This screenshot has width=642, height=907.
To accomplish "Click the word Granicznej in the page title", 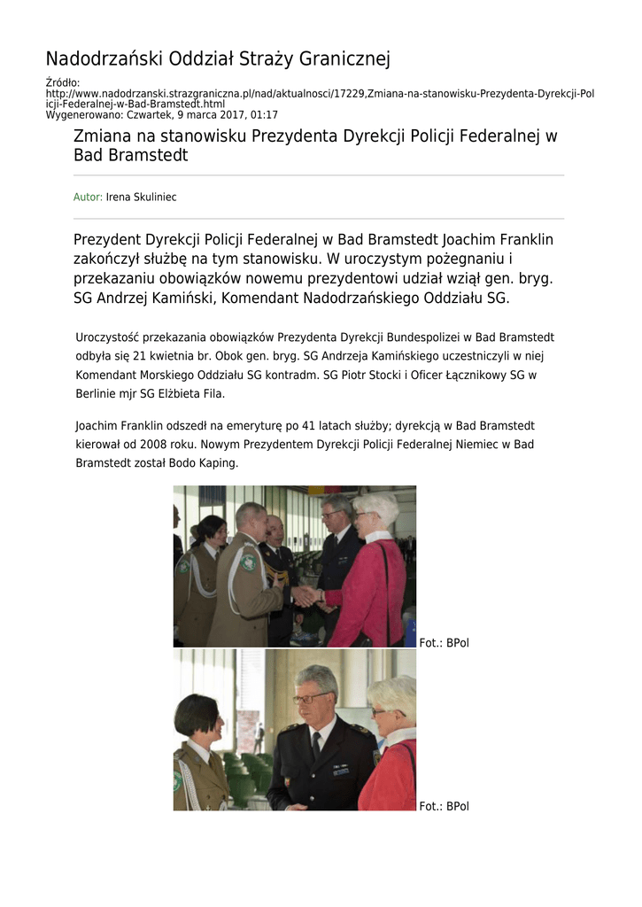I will click(x=345, y=60).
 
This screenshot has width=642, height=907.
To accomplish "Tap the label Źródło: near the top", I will click(x=63, y=82).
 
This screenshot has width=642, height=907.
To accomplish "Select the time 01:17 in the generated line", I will click(x=264, y=115).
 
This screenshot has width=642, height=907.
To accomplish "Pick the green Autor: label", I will click(x=88, y=197).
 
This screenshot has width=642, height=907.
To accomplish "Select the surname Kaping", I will click(x=218, y=463).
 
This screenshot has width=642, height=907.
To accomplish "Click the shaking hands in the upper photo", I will click(x=306, y=595).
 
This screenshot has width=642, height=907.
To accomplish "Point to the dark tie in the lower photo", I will click(x=316, y=745).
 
